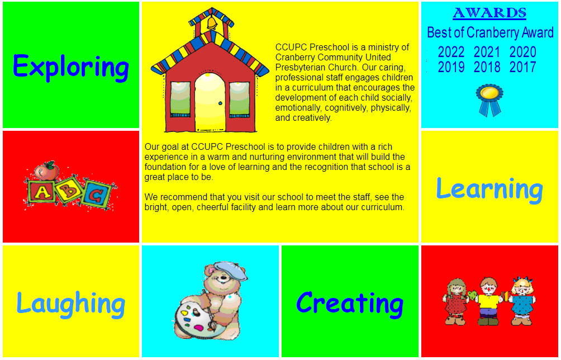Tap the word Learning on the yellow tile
[x=489, y=190]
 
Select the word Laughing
[x=71, y=304]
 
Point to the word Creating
[x=350, y=304]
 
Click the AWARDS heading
[x=489, y=13]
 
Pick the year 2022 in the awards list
[x=451, y=52]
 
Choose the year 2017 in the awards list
[x=522, y=67]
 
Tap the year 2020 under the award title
[x=522, y=52]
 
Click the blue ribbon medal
[x=489, y=100]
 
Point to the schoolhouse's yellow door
[x=210, y=102]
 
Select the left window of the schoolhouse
[x=180, y=99]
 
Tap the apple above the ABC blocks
[x=46, y=170]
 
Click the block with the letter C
[x=97, y=195]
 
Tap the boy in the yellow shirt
[x=488, y=301]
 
